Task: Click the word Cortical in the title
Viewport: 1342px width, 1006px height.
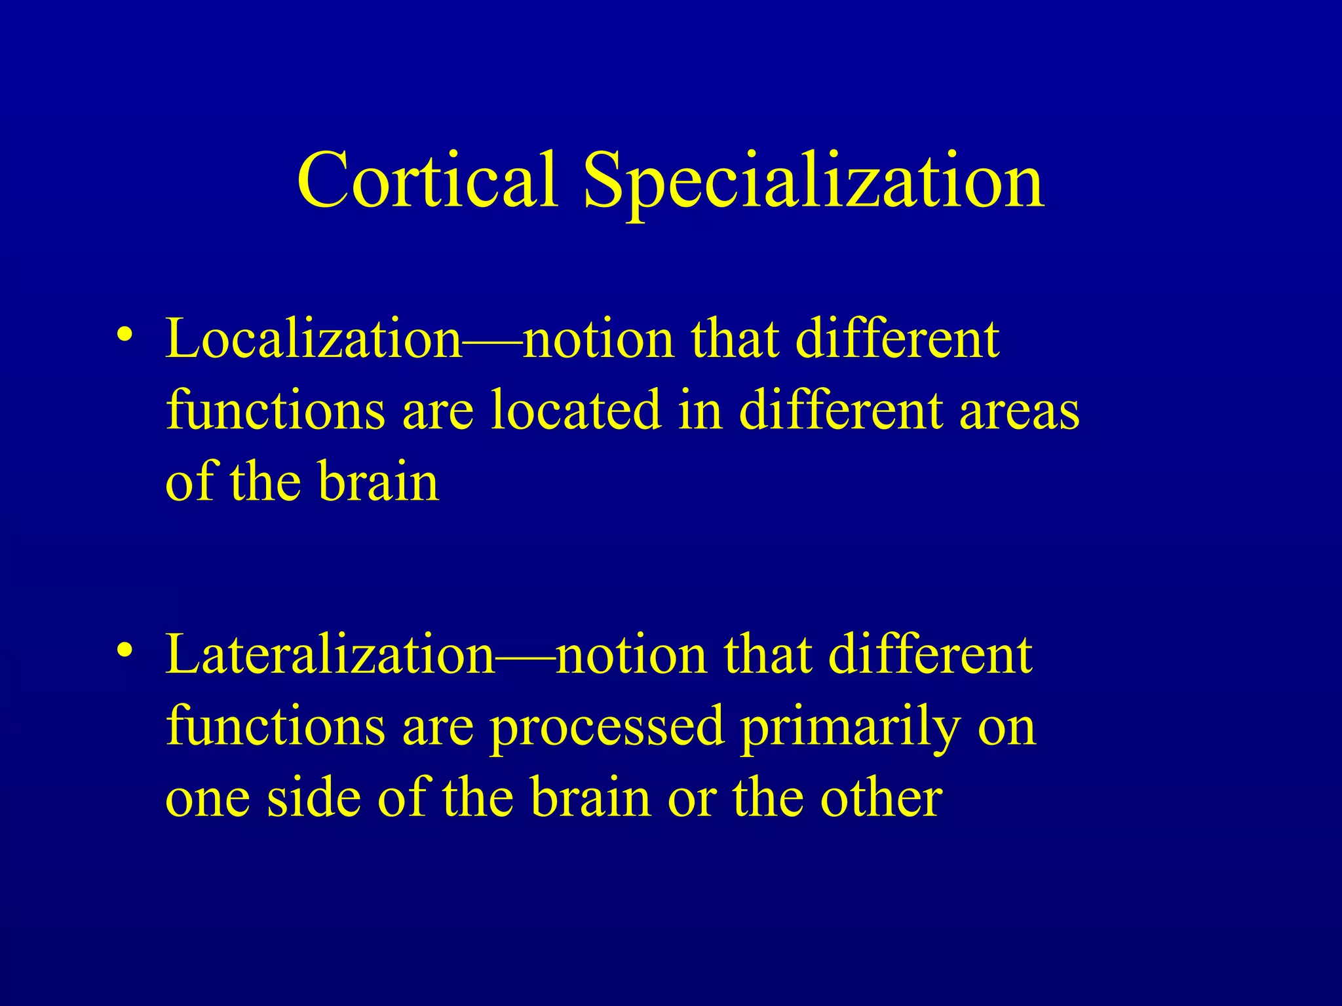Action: coord(427,180)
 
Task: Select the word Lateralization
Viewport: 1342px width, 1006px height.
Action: coord(330,655)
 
